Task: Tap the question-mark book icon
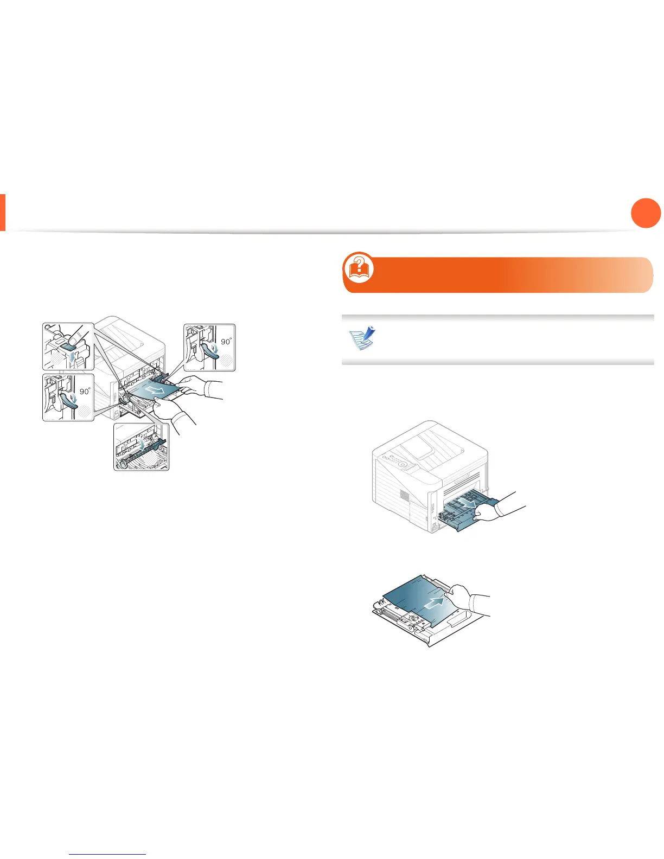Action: click(x=359, y=267)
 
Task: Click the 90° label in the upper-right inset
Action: click(x=226, y=341)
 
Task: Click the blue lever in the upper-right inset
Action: click(x=209, y=351)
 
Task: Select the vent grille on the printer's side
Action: click(x=404, y=495)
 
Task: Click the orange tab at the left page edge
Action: click(x=3, y=212)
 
